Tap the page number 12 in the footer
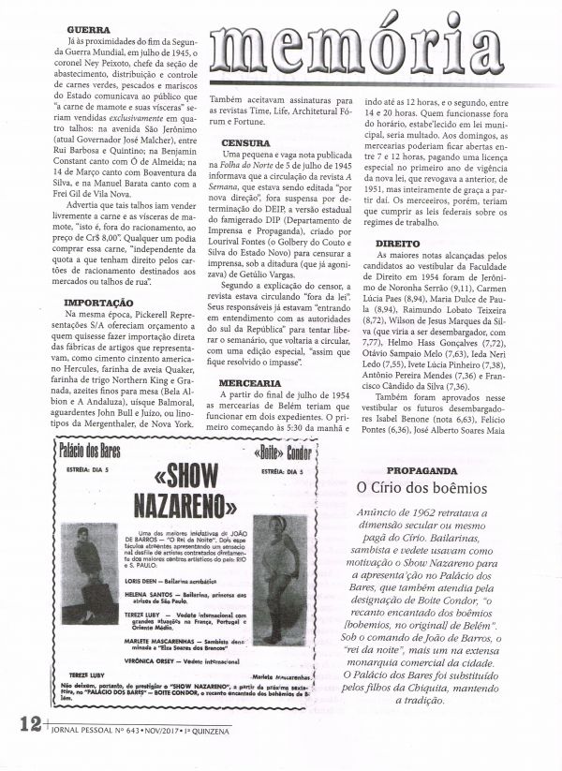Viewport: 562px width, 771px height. pyautogui.click(x=27, y=749)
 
